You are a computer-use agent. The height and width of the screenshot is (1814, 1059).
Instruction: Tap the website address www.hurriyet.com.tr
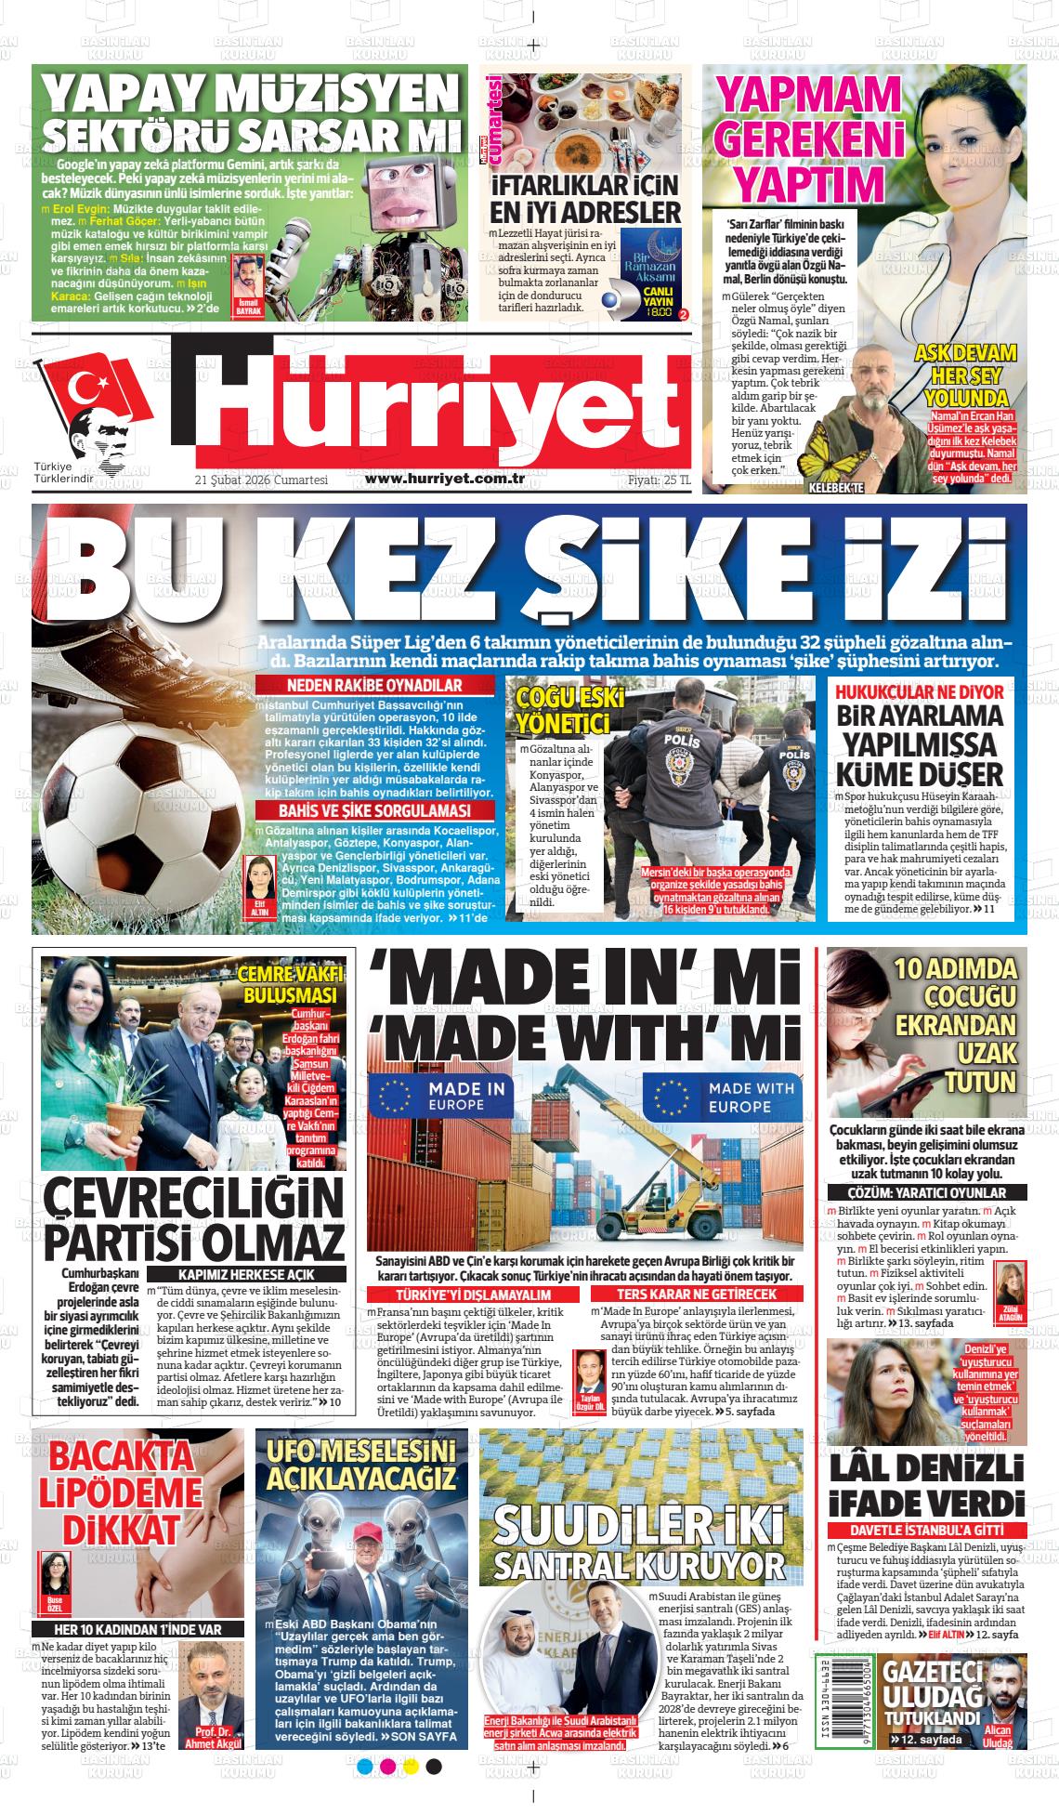click(x=446, y=479)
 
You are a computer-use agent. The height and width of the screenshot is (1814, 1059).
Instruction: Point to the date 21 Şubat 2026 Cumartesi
click(x=262, y=480)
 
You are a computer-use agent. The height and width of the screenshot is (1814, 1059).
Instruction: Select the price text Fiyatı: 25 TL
click(x=659, y=480)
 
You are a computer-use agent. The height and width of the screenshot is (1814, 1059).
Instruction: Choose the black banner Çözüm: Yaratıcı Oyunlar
click(x=915, y=1192)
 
